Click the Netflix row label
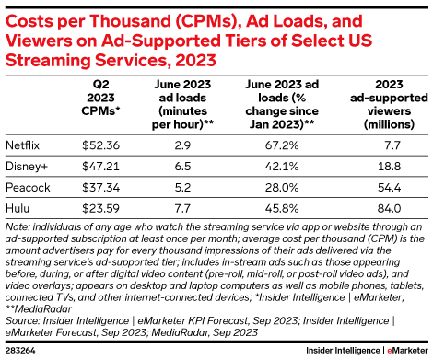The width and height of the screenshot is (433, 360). coord(22,145)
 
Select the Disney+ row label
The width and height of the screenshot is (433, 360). coord(27,167)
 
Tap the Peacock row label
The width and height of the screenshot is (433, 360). coord(28,188)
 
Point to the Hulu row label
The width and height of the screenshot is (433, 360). coord(18,208)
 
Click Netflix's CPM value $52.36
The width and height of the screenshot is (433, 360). coord(100,145)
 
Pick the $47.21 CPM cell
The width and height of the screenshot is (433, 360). coord(100,167)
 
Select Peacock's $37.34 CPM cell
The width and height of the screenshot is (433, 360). coord(100,188)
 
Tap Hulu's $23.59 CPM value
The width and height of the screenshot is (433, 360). coord(100,208)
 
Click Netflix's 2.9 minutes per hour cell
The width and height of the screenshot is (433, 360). coord(182,145)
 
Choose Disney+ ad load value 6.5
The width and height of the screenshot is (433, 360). coord(182,167)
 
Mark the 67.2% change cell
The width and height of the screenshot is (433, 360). coord(282,145)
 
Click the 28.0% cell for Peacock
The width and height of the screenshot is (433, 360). coord(282,188)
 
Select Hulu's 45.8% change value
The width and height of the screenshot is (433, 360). coord(282,208)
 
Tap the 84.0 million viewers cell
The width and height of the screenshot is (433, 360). coord(389,208)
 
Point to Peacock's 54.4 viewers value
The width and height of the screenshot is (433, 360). coord(389,188)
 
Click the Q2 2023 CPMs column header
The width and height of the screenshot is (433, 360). coord(100,98)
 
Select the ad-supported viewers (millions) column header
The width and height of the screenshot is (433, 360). coord(389,104)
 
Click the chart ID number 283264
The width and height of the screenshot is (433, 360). coord(20,351)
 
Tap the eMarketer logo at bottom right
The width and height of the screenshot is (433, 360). coord(407,351)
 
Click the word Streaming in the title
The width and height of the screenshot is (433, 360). coord(48,61)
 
